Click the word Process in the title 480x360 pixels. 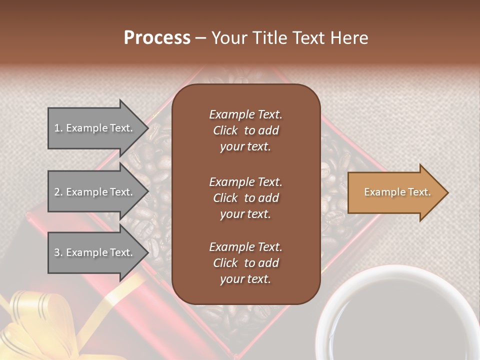click(157, 38)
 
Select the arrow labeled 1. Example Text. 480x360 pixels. click(95, 128)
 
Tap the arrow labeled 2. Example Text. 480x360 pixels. click(95, 192)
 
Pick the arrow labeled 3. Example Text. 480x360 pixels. click(95, 252)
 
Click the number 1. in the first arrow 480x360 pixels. click(58, 128)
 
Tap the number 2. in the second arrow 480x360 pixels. click(58, 192)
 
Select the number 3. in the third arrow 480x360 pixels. click(58, 252)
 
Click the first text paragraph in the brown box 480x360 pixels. click(245, 130)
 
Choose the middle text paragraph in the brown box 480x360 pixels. click(245, 197)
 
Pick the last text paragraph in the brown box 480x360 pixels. click(245, 263)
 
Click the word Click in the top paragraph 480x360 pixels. click(225, 130)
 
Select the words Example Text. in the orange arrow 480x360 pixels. click(397, 192)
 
